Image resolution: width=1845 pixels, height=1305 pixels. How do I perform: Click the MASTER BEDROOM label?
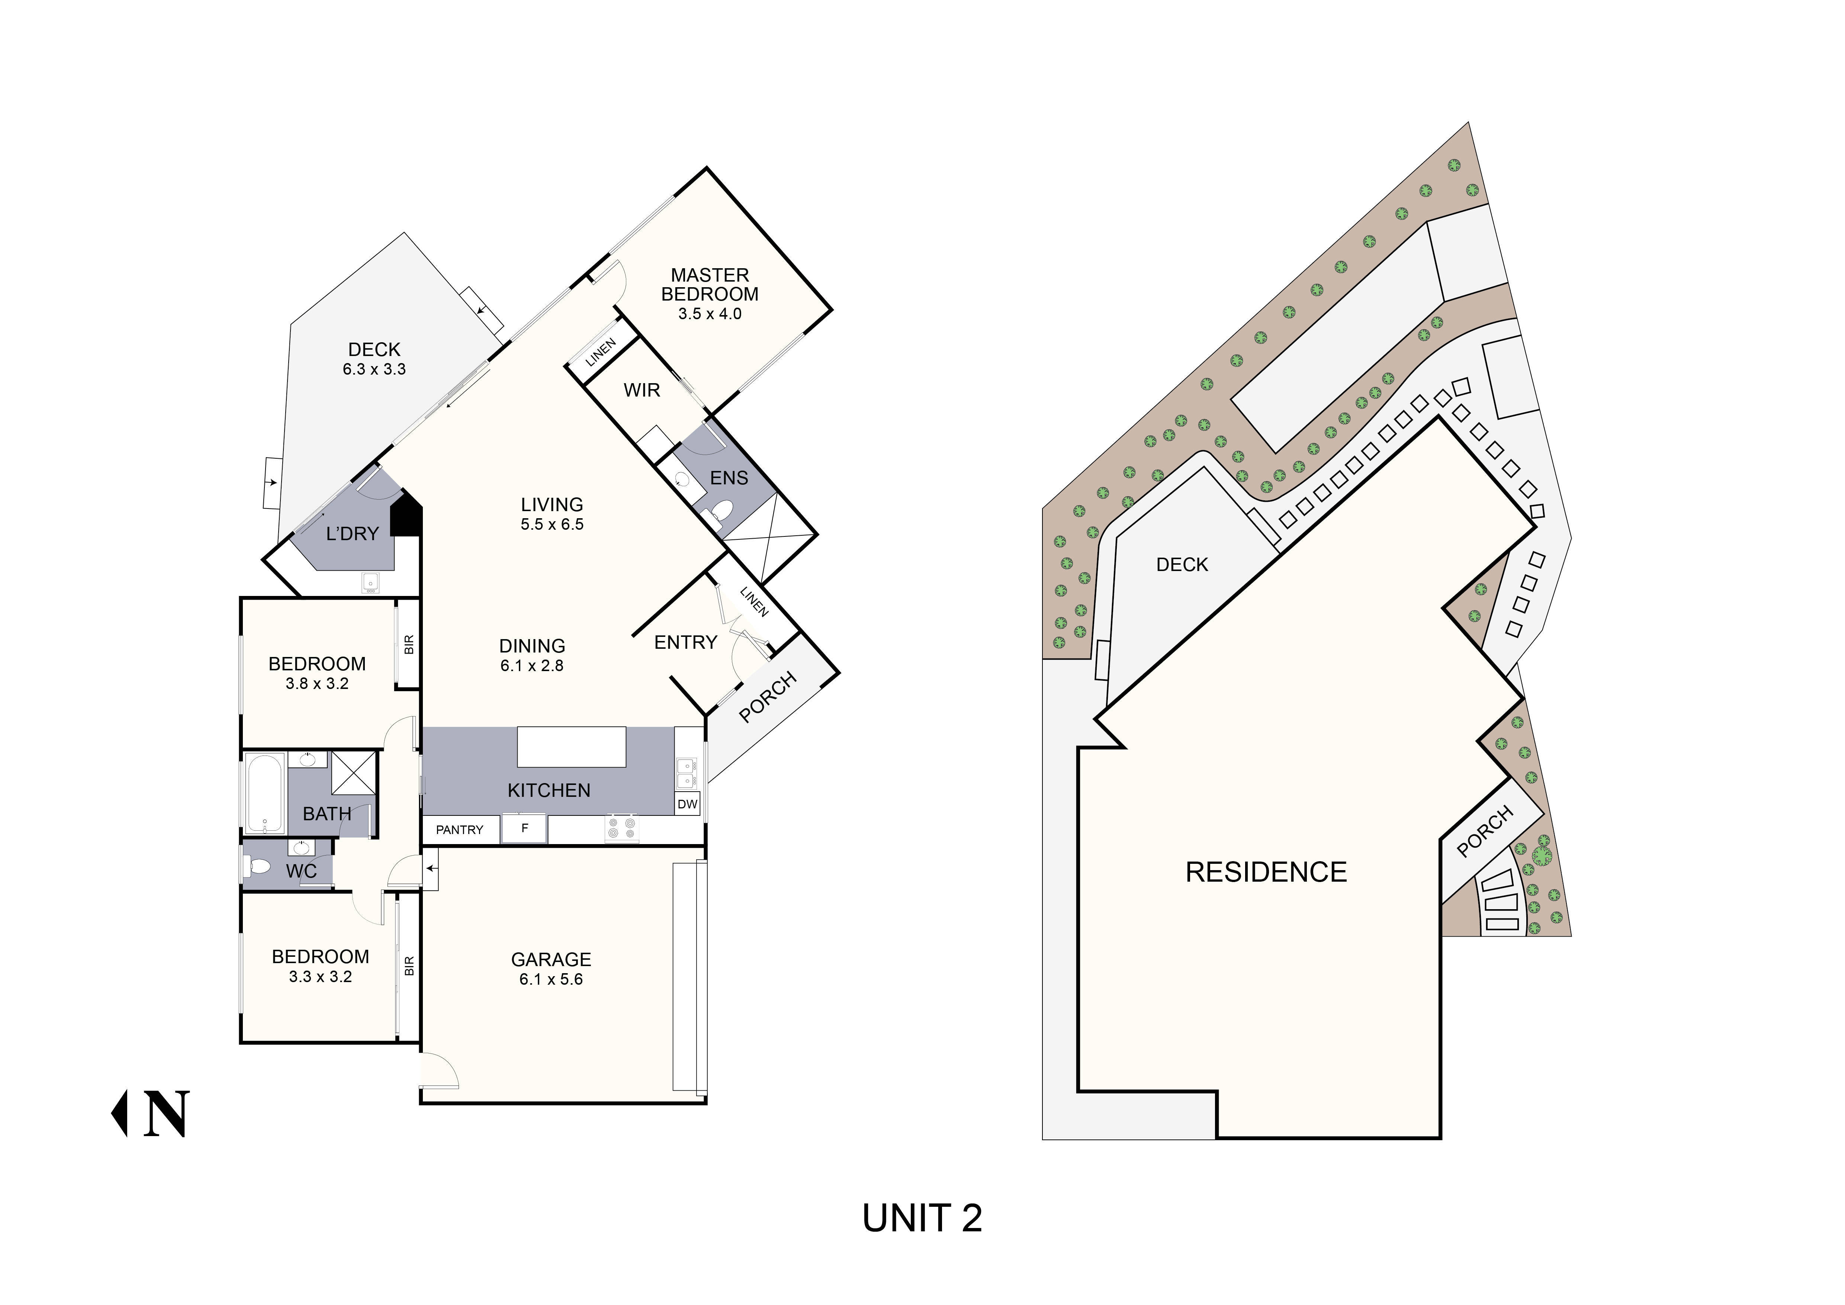(x=710, y=285)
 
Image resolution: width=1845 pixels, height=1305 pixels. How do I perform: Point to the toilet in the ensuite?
(x=722, y=510)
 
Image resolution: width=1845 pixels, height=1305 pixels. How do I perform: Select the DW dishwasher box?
(x=687, y=804)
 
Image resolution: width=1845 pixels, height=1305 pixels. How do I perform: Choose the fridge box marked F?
(x=524, y=828)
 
